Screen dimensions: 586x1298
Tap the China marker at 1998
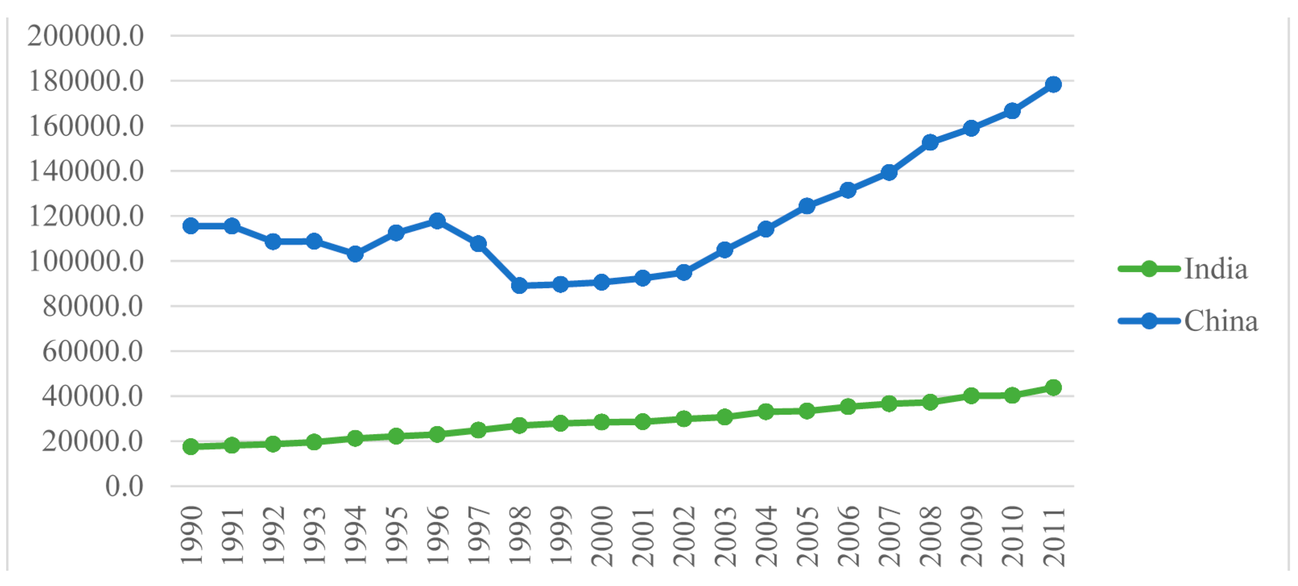[x=519, y=286]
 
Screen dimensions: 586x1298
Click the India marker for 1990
[x=190, y=446]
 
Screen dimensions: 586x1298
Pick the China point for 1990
[x=190, y=226]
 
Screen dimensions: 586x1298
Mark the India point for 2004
[x=765, y=412]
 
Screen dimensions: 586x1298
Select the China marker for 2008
[x=930, y=142]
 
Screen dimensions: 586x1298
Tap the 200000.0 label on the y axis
[x=86, y=36]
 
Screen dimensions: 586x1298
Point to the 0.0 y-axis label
[x=124, y=486]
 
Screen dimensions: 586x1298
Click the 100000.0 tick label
[x=86, y=261]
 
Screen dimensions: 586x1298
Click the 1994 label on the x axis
[x=355, y=536]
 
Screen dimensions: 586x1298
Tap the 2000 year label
[x=601, y=536]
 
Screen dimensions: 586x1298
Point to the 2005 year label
[x=807, y=536]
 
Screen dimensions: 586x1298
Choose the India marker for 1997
[x=478, y=430]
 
